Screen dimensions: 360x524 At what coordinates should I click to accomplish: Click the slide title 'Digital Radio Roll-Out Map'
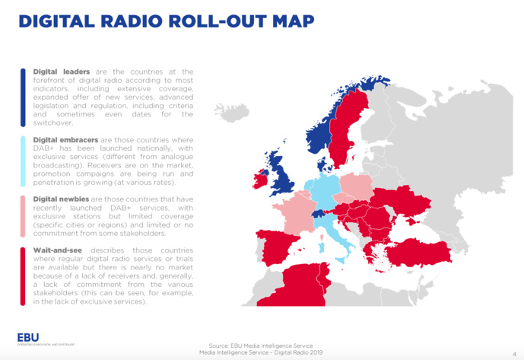166,21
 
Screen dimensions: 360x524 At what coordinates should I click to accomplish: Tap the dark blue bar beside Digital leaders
24,97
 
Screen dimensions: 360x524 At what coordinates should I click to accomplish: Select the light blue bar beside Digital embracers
24,161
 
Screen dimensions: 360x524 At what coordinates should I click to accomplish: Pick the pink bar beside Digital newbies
24,216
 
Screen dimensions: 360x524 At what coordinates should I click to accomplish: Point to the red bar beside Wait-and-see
24,276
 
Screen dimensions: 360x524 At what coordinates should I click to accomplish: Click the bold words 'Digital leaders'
60,72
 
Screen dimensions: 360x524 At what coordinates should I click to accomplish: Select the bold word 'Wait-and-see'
58,250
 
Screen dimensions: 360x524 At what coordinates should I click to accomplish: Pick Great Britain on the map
283,176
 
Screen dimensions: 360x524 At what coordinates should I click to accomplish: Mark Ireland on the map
261,180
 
